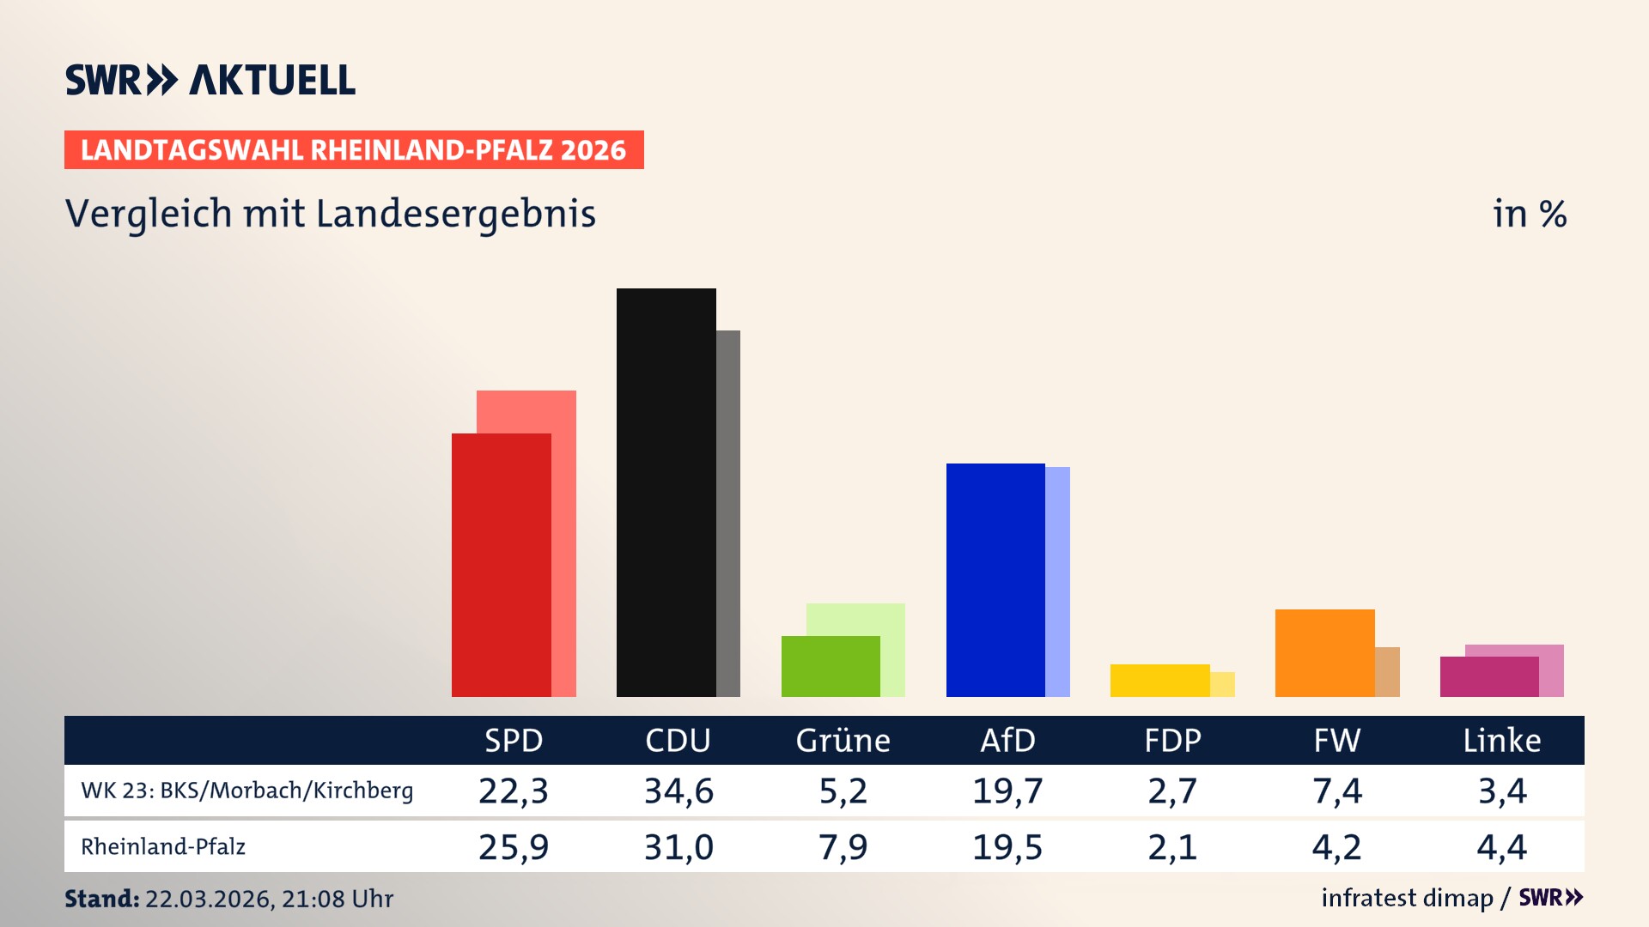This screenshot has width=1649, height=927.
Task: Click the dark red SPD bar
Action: pyautogui.click(x=501, y=566)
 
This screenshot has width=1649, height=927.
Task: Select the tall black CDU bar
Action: pyautogui.click(x=666, y=494)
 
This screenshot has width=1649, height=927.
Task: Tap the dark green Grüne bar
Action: pyautogui.click(x=830, y=667)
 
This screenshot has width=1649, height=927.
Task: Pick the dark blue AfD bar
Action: pyautogui.click(x=995, y=580)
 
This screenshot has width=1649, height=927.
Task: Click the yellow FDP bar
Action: pyautogui.click(x=1159, y=681)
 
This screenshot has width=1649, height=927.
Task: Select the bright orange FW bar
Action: pyautogui.click(x=1324, y=653)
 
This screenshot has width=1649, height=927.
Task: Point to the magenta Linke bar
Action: pyautogui.click(x=1488, y=677)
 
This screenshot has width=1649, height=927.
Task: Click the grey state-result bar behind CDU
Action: pyautogui.click(x=728, y=515)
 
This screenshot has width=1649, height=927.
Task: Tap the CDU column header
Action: pyautogui.click(x=678, y=741)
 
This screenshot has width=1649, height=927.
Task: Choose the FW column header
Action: pyautogui.click(x=1336, y=741)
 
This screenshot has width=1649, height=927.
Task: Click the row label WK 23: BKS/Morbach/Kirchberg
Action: pyautogui.click(x=246, y=791)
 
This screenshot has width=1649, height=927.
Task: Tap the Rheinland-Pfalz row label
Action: pyautogui.click(x=163, y=847)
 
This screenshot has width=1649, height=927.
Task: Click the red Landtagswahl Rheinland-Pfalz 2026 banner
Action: pyautogui.click(x=353, y=150)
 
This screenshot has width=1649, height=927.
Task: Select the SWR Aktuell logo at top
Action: pyautogui.click(x=210, y=80)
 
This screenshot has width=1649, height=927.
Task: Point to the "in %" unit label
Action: pyautogui.click(x=1529, y=215)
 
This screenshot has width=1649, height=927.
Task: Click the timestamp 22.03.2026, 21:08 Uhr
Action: pyautogui.click(x=268, y=899)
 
